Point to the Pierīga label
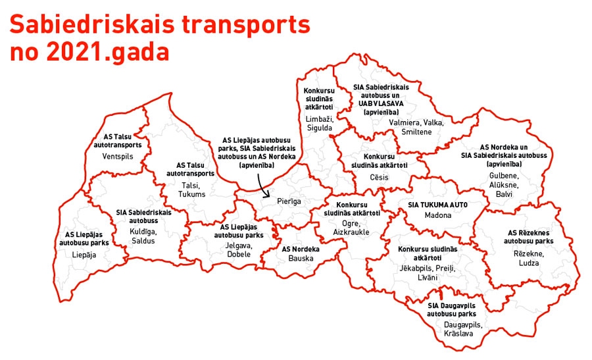[289, 201]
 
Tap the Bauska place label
[301, 259]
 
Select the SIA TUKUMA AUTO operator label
[438, 205]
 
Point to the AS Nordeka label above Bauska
[301, 249]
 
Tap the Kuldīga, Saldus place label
[143, 236]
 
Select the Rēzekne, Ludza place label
[528, 258]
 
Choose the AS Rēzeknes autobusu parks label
[528, 237]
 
